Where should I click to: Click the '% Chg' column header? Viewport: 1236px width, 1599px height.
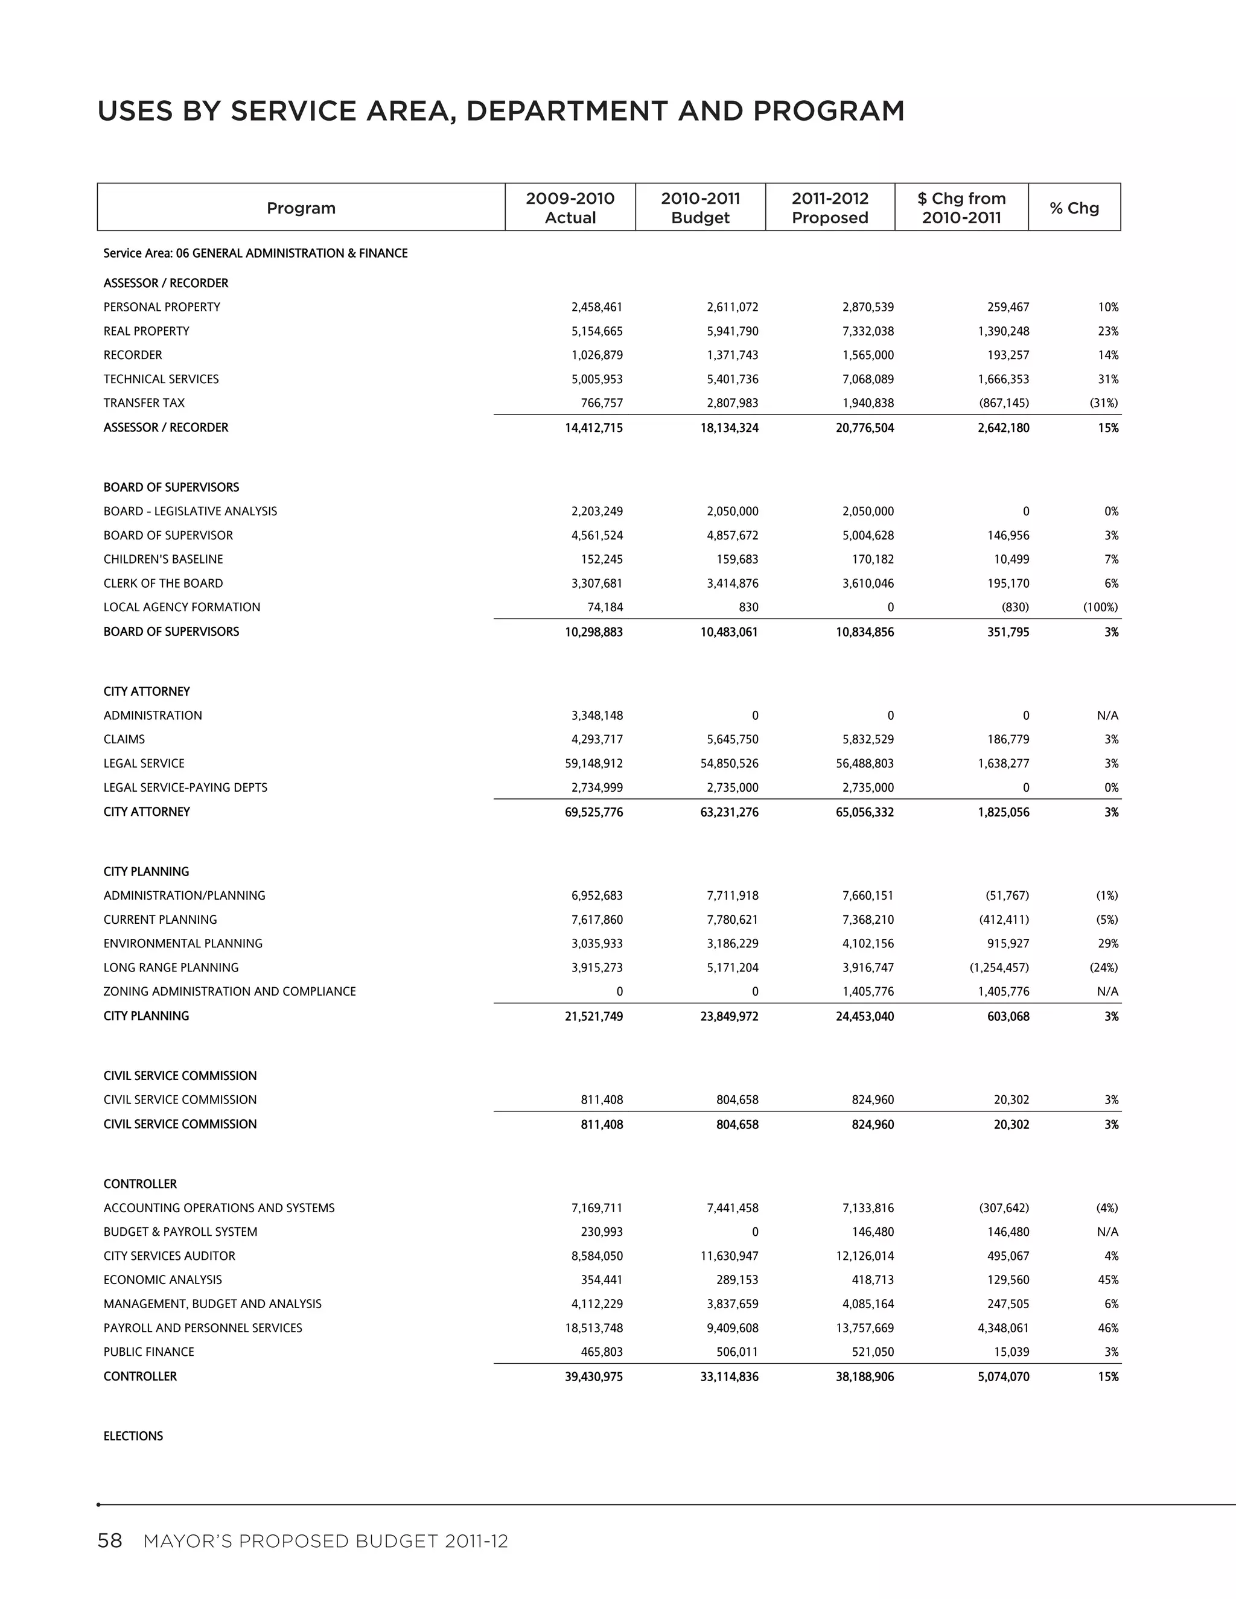1074,208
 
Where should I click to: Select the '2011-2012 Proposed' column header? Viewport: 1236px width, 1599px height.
830,208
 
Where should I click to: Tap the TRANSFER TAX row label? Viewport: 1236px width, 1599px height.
144,402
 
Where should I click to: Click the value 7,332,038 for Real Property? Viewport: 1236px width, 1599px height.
868,331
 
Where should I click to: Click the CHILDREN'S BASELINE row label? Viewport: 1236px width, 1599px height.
164,559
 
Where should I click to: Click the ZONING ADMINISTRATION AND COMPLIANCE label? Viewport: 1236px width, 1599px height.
229,991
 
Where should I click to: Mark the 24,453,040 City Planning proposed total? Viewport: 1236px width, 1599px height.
865,1016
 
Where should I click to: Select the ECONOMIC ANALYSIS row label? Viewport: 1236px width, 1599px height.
162,1280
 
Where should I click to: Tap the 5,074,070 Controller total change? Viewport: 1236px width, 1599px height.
1003,1376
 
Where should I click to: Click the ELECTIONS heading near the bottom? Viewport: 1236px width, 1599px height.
133,1435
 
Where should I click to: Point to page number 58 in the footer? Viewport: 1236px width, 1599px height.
110,1541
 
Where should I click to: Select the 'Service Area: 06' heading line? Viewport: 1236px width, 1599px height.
255,253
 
